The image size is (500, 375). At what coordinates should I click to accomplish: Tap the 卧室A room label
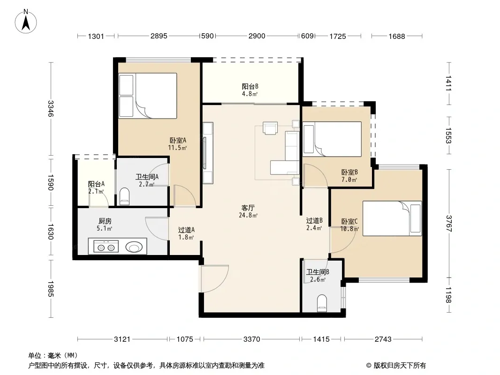pyautogui.click(x=178, y=140)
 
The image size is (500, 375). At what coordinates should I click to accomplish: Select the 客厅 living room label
pyautogui.click(x=248, y=208)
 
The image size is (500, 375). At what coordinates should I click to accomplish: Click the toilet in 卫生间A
pyautogui.click(x=125, y=196)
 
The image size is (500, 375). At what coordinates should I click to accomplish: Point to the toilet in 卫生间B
pyautogui.click(x=322, y=303)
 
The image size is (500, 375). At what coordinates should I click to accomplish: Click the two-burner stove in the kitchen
pyautogui.click(x=106, y=247)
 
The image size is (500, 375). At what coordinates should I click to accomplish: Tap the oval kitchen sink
pyautogui.click(x=134, y=247)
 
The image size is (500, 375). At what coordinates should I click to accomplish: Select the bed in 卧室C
pyautogui.click(x=392, y=218)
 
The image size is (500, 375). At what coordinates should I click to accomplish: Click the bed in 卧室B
pyautogui.click(x=332, y=139)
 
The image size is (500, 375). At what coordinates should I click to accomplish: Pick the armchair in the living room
pyautogui.click(x=270, y=128)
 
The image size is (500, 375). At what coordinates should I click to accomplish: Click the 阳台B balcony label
pyautogui.click(x=250, y=86)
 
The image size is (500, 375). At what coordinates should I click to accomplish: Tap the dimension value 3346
pyautogui.click(x=51, y=109)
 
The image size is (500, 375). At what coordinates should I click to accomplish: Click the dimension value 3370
pyautogui.click(x=251, y=339)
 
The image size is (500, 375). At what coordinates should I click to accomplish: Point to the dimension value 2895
pyautogui.click(x=159, y=36)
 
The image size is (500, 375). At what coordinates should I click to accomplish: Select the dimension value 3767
pyautogui.click(x=449, y=224)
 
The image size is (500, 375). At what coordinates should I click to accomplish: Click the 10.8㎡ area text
pyautogui.click(x=349, y=229)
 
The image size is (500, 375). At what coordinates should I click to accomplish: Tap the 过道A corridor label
pyautogui.click(x=186, y=230)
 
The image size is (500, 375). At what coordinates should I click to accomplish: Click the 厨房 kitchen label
pyautogui.click(x=105, y=221)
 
